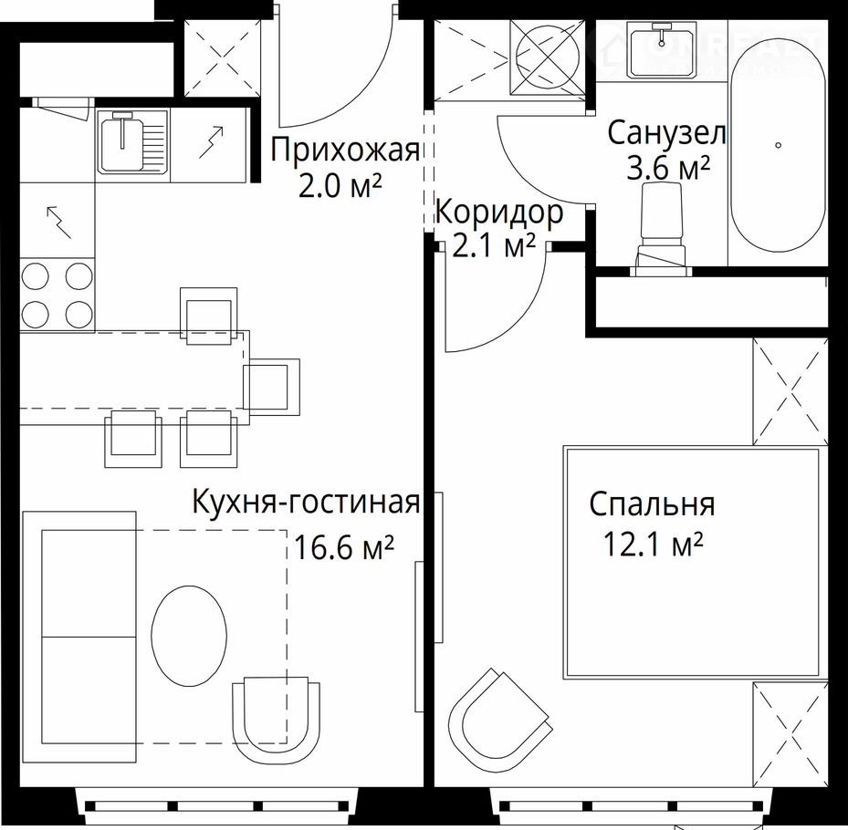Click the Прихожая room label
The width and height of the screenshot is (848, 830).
(344, 150)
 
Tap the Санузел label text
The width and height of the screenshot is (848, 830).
(666, 133)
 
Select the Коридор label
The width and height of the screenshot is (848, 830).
(498, 213)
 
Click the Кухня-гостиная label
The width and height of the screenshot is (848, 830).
(306, 502)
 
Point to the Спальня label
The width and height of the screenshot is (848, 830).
(652, 504)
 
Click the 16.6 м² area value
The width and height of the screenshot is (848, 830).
(343, 546)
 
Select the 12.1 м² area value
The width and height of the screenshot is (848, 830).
(653, 544)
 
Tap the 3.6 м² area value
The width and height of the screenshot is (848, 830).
(668, 168)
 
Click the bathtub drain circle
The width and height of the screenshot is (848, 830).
(779, 145)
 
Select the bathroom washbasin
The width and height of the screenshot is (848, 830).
(661, 50)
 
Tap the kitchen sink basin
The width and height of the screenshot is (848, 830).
(122, 142)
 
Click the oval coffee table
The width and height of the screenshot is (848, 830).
(189, 636)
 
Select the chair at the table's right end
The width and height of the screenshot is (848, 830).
(271, 387)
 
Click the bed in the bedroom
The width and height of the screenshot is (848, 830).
(696, 562)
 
